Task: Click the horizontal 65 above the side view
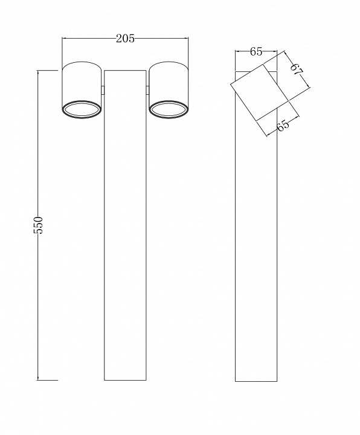click(256, 52)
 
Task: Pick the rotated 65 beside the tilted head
click(282, 125)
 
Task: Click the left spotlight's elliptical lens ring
click(81, 109)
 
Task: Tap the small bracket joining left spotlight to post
click(103, 91)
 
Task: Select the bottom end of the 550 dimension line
click(40, 381)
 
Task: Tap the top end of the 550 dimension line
click(40, 71)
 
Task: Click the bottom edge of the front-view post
click(126, 381)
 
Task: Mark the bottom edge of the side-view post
click(256, 381)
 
